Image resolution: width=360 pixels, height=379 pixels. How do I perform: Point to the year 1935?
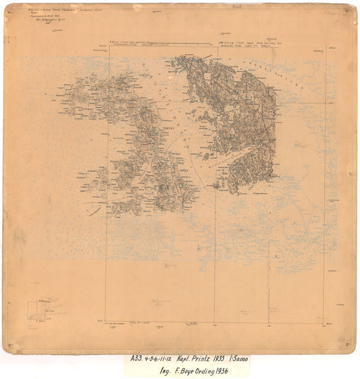click(x=240, y=359)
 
